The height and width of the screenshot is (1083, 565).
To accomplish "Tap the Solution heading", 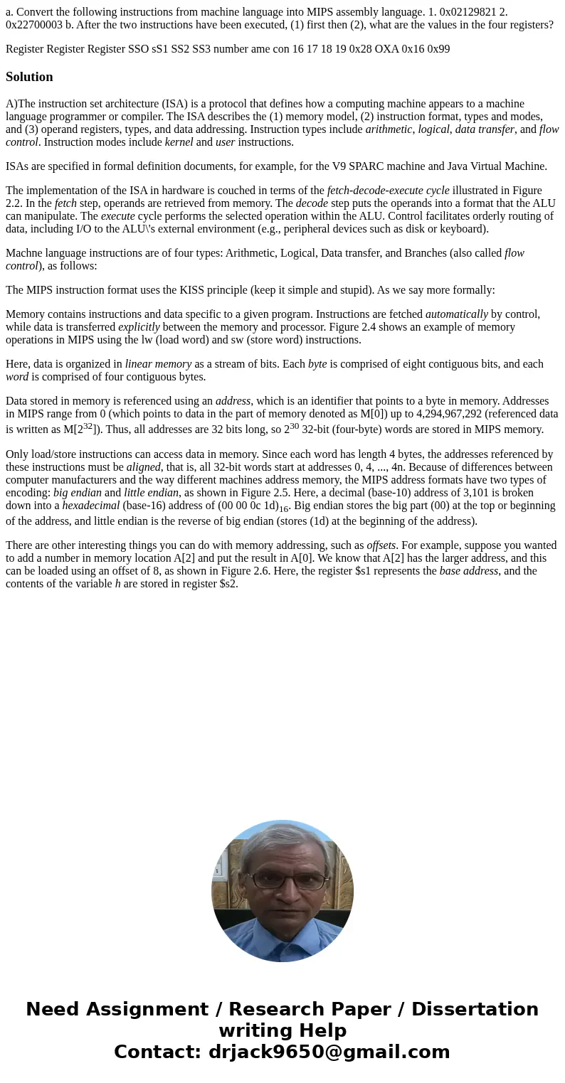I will tap(29, 77).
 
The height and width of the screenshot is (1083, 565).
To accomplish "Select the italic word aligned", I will tap(144, 467).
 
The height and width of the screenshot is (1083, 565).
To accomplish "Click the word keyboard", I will tap(462, 229).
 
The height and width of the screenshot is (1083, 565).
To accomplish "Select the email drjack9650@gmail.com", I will tap(329, 1052).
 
